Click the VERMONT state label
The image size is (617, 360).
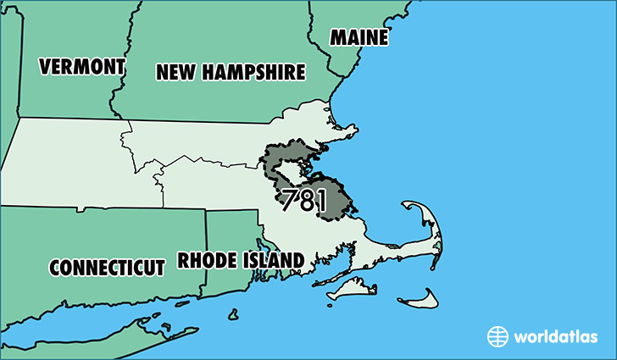pos(82,66)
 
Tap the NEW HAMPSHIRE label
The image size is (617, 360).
pos(230,74)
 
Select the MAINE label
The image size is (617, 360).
pos(359,38)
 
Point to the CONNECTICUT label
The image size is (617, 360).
pos(107,268)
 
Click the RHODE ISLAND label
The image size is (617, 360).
pos(241,260)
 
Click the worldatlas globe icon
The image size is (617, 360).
pos(497,336)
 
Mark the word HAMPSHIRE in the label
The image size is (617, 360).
pos(254,74)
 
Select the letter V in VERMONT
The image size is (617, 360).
pos(45,67)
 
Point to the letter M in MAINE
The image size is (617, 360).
pos(338,38)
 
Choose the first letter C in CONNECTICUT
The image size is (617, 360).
pos(55,268)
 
